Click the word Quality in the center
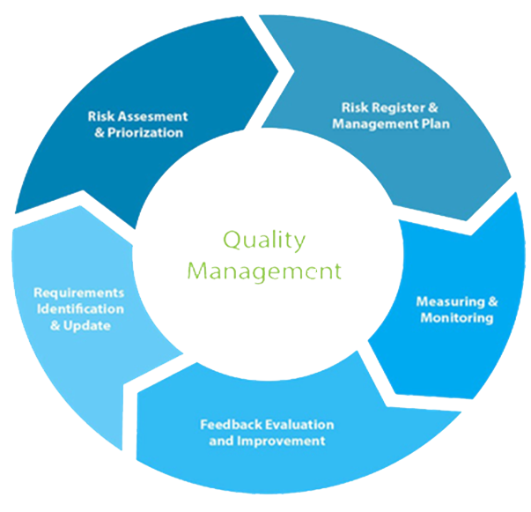point(263,238)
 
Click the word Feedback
point(228,424)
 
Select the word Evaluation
point(292,424)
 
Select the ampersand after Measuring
point(492,301)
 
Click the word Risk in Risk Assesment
point(101,115)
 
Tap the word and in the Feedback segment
point(220,440)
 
